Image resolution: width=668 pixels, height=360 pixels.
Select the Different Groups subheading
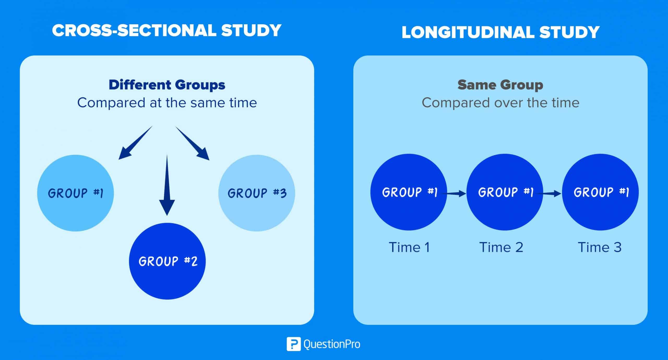(167, 85)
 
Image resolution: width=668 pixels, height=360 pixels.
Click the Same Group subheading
(500, 85)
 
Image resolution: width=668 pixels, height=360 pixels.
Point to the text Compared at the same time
(167, 103)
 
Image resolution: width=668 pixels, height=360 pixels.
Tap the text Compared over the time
(500, 103)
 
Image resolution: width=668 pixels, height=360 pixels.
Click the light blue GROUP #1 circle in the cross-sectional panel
(75, 193)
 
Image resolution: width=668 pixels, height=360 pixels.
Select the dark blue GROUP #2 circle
(167, 261)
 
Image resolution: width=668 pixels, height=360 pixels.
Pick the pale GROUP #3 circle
(257, 193)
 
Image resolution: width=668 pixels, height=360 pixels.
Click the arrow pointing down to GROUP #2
(167, 188)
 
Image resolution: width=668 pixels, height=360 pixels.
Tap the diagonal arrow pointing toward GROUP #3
(193, 143)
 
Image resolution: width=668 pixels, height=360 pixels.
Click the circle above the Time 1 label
(408, 192)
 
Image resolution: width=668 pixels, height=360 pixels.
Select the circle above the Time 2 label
(504, 192)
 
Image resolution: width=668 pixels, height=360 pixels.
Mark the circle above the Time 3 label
(600, 192)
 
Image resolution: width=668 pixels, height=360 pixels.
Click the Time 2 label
(501, 247)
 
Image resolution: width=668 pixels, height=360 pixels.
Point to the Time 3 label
(599, 247)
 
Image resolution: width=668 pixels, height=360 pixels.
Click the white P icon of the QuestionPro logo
(293, 344)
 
